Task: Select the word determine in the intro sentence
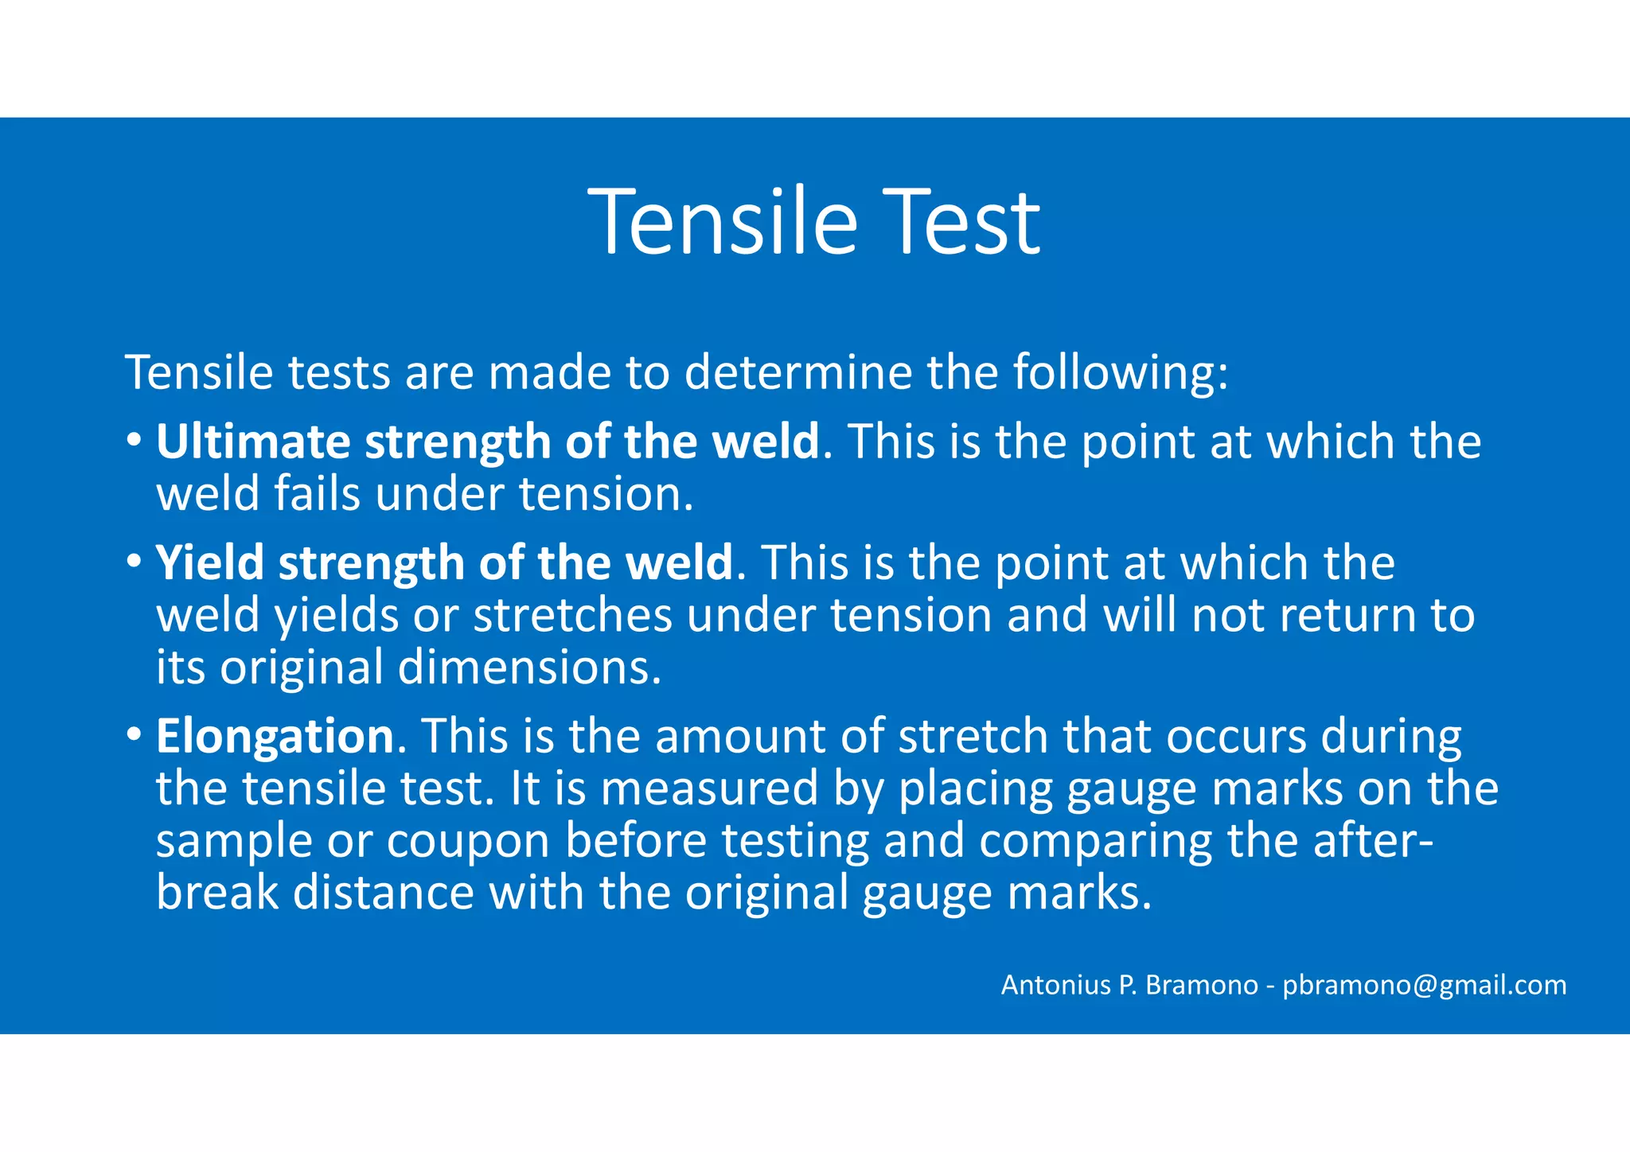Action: pos(797,372)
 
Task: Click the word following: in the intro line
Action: pos(1121,372)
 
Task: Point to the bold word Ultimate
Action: pos(252,442)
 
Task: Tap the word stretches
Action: pos(572,616)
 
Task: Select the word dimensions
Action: pos(529,667)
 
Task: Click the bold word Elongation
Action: pos(275,736)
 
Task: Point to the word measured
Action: pos(709,788)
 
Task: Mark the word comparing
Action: pos(1095,841)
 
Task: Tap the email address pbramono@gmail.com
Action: pos(1424,985)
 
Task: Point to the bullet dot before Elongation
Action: pos(135,735)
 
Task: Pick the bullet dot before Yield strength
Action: pos(135,562)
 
